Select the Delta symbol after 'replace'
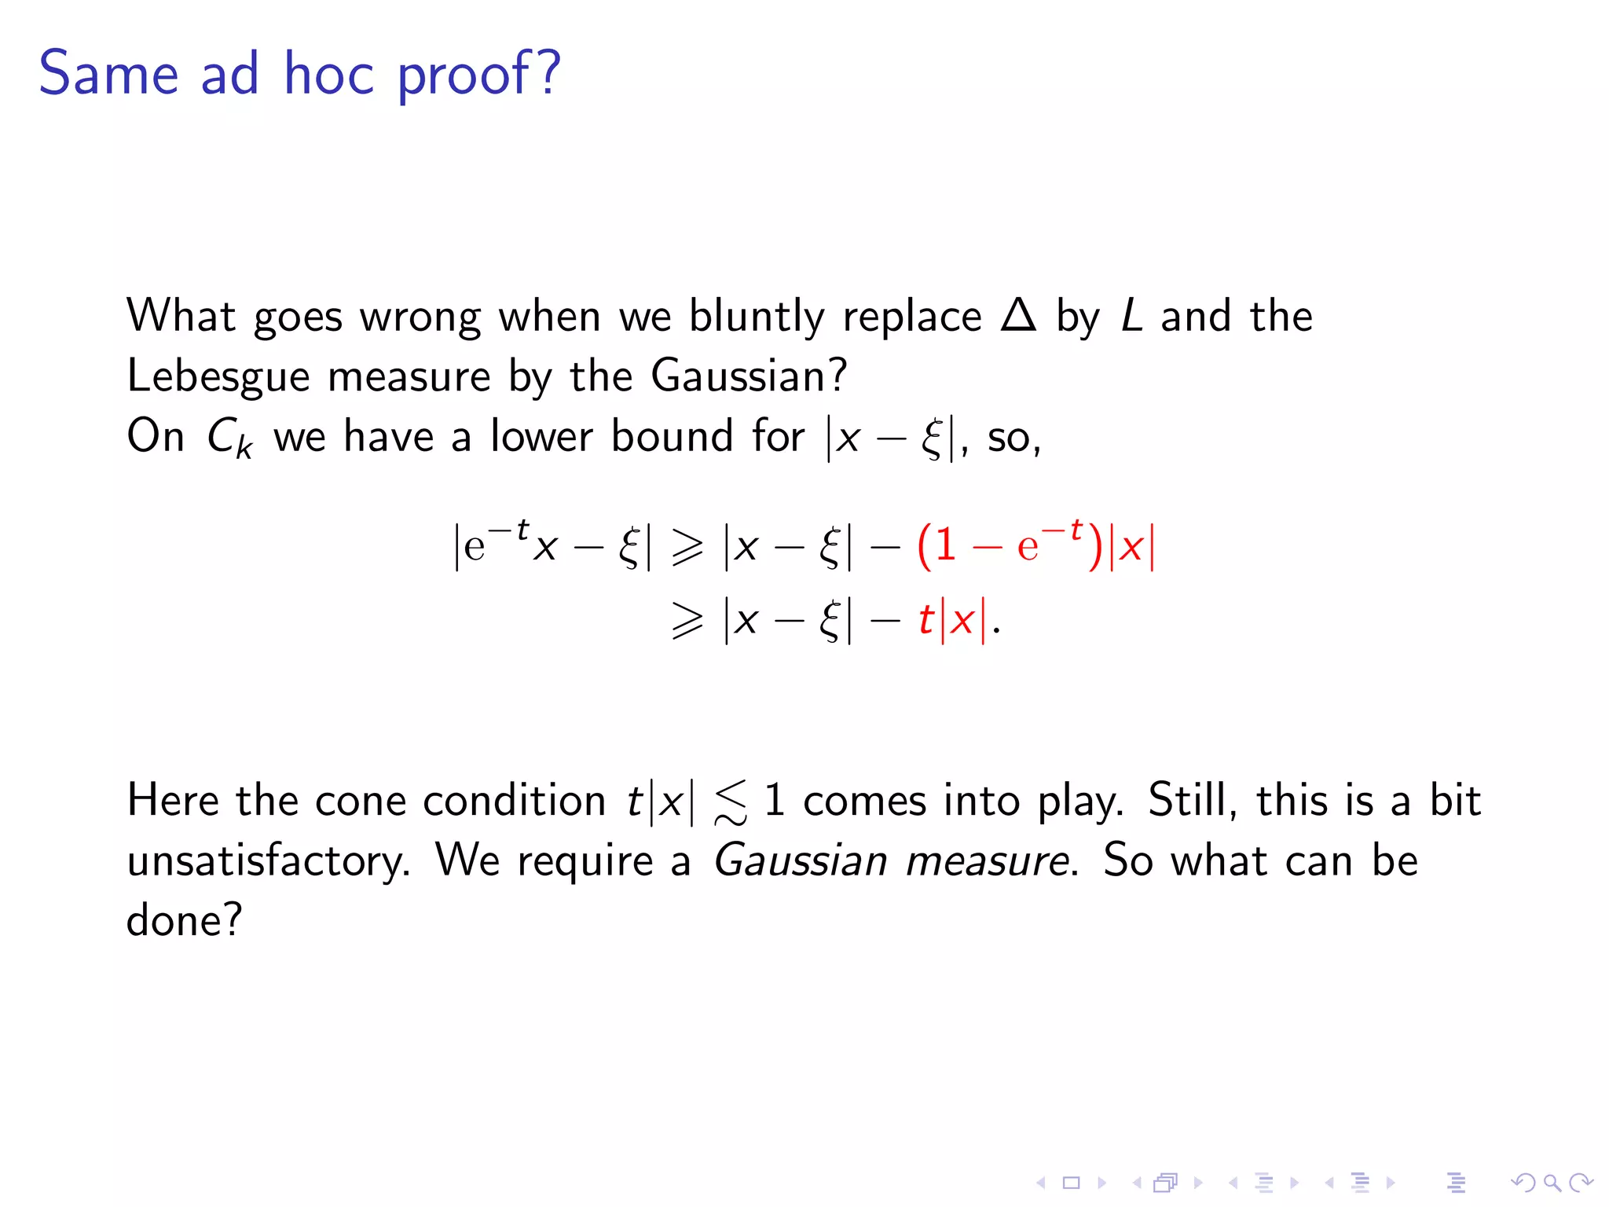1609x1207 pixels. click(x=1019, y=316)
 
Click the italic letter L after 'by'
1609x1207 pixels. click(x=1131, y=316)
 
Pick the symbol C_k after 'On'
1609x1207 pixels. click(x=229, y=438)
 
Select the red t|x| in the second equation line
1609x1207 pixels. click(x=951, y=621)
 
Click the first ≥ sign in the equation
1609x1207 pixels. click(x=687, y=548)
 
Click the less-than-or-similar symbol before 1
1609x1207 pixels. click(x=731, y=803)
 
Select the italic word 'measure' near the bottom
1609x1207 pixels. click(x=987, y=861)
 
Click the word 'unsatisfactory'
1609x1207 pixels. click(x=267, y=861)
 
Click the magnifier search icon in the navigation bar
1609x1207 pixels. click(x=1552, y=1182)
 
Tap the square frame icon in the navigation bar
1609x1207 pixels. click(x=1071, y=1183)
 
